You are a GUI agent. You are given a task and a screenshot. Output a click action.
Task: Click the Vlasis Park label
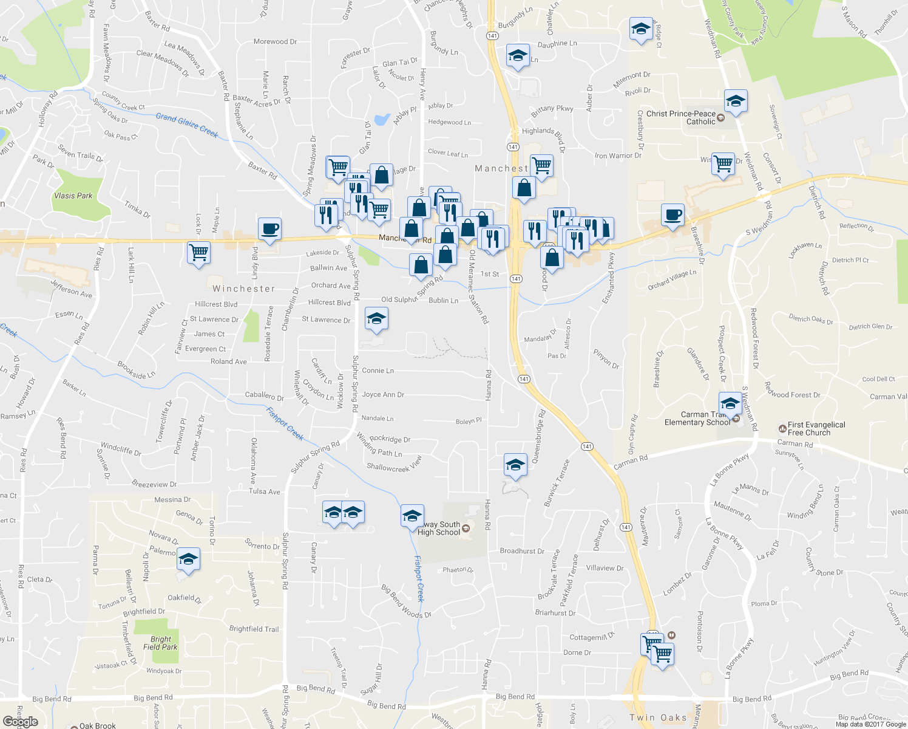pyautogui.click(x=73, y=196)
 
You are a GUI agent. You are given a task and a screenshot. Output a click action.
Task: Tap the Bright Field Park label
pyautogui.click(x=160, y=643)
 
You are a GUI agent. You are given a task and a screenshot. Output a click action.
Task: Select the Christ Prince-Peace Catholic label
pyautogui.click(x=681, y=118)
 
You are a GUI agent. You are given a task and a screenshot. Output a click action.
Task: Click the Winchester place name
pyautogui.click(x=244, y=289)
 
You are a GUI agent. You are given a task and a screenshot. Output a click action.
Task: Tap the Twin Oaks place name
pyautogui.click(x=658, y=717)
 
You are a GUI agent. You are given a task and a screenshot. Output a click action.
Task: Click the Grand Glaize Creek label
pyautogui.click(x=186, y=125)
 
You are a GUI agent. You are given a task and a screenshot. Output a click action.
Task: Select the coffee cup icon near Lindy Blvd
pyautogui.click(x=269, y=229)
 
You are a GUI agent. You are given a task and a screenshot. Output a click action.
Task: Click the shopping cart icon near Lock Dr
pyautogui.click(x=198, y=252)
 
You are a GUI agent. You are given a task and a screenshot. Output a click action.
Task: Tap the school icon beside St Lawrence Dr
pyautogui.click(x=376, y=318)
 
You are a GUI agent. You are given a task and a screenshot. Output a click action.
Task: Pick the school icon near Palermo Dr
pyautogui.click(x=188, y=560)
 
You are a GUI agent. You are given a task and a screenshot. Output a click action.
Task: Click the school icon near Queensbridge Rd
pyautogui.click(x=515, y=465)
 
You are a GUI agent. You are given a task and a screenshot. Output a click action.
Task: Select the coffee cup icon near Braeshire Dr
pyautogui.click(x=672, y=215)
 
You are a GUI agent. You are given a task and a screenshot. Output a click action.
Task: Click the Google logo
pyautogui.click(x=21, y=721)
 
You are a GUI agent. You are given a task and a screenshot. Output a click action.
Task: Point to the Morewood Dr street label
pyautogui.click(x=275, y=42)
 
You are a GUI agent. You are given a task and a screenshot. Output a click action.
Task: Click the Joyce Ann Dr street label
pyautogui.click(x=382, y=395)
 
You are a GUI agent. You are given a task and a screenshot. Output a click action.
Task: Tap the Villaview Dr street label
pyautogui.click(x=605, y=568)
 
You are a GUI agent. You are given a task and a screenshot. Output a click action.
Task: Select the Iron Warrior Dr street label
pyautogui.click(x=618, y=156)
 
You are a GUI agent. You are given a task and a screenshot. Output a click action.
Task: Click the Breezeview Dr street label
pyautogui.click(x=154, y=484)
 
